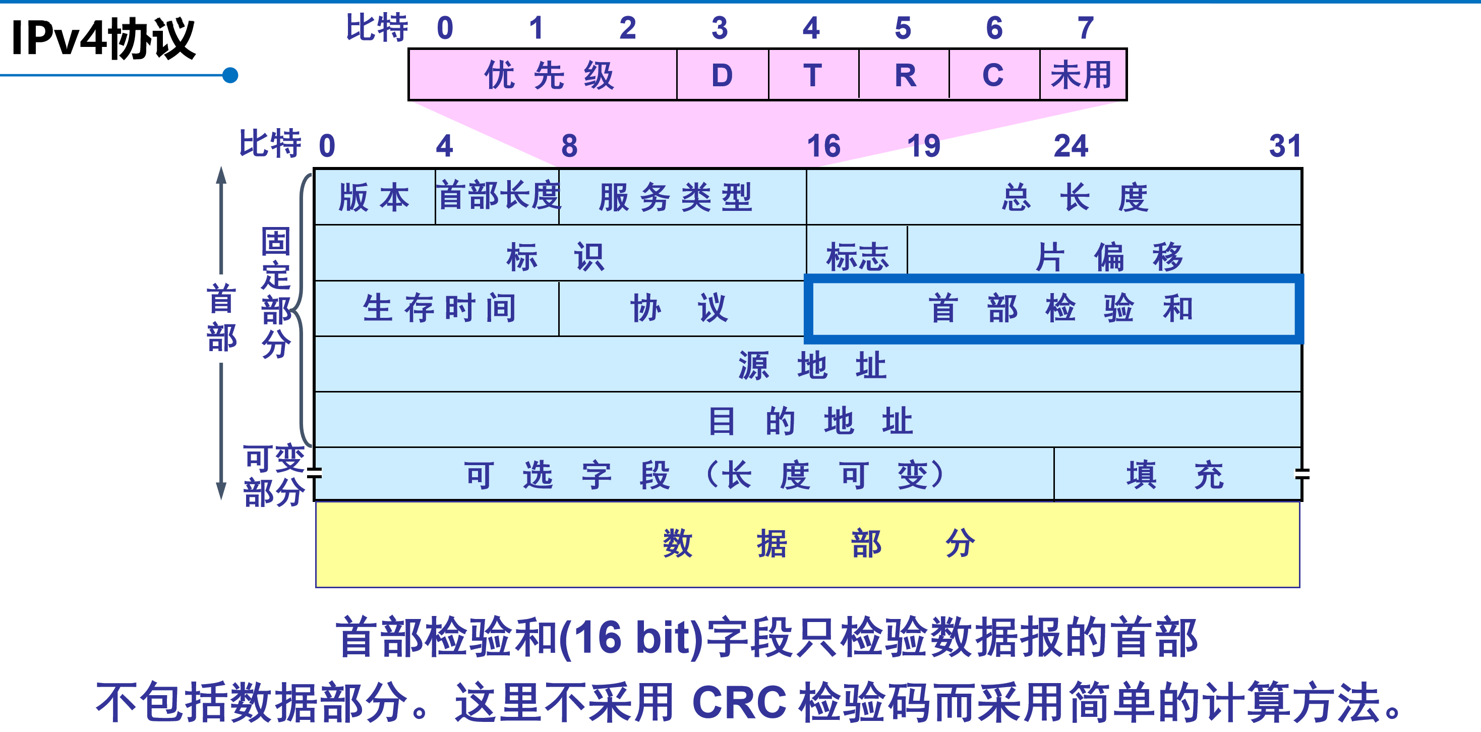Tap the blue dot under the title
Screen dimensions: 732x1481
click(x=230, y=75)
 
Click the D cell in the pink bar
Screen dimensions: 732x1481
click(x=722, y=75)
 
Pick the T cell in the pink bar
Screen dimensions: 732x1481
click(x=812, y=75)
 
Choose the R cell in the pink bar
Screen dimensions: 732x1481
click(x=904, y=75)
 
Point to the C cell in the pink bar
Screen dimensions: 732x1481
click(x=993, y=75)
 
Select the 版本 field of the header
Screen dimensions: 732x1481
click(x=374, y=197)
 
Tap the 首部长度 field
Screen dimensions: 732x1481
click(x=498, y=196)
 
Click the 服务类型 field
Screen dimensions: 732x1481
click(x=676, y=197)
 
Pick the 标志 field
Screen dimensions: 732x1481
click(x=857, y=255)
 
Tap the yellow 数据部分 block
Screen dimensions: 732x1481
click(x=807, y=543)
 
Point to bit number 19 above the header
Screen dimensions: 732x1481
click(x=923, y=146)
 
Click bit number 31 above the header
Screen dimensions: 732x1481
click(x=1285, y=146)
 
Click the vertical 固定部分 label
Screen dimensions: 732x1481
click(x=276, y=293)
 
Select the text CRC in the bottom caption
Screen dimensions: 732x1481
click(x=739, y=702)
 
